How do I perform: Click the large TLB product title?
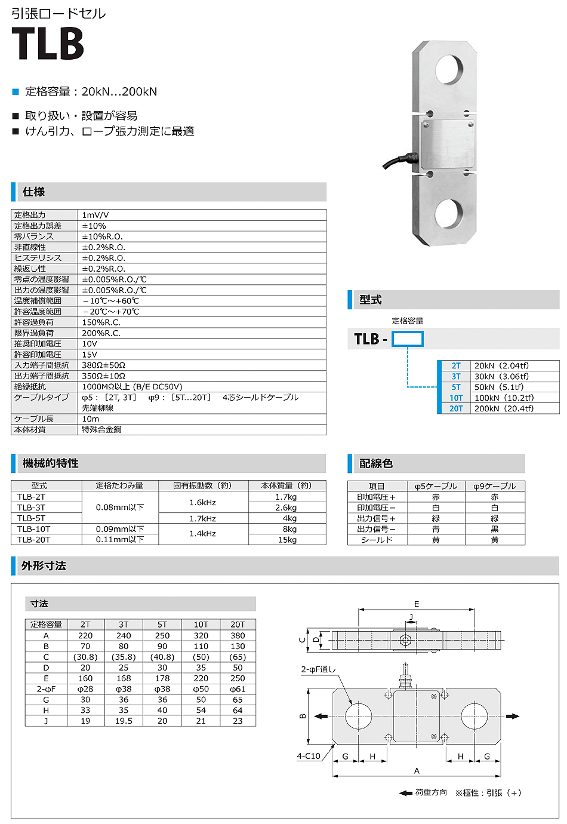48,43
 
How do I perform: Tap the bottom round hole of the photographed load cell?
449,213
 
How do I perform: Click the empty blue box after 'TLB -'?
408,339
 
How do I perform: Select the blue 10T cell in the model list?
456,398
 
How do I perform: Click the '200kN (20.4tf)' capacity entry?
504,408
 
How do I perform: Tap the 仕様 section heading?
33,192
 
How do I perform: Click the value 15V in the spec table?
90,355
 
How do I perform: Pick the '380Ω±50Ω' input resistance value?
103,365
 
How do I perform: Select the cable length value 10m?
91,419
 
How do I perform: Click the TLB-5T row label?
31,518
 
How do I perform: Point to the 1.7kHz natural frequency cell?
203,518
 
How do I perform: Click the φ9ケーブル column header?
494,486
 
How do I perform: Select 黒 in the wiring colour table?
494,529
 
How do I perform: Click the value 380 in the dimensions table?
238,635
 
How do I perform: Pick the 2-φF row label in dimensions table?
46,689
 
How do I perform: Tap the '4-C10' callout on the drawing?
308,756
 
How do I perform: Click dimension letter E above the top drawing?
417,604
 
